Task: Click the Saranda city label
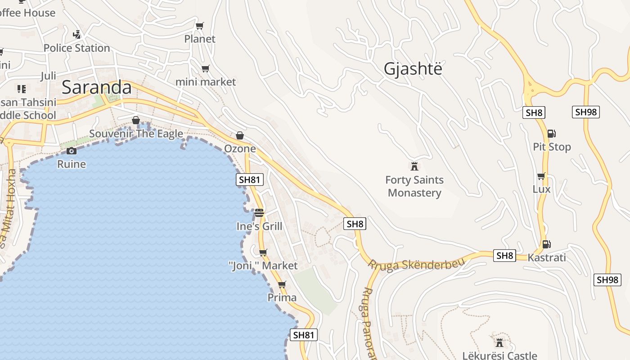(x=96, y=87)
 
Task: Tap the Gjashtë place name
(x=413, y=69)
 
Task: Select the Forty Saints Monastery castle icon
(x=414, y=166)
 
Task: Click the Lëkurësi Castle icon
(x=499, y=342)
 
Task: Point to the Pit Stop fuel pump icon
(x=551, y=133)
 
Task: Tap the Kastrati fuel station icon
(x=546, y=244)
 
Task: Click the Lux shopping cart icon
(x=541, y=176)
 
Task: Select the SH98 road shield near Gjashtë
(x=586, y=112)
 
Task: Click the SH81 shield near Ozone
(x=250, y=180)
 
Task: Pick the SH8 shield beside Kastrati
(x=504, y=256)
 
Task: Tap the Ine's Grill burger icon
(x=259, y=212)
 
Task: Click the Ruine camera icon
(x=71, y=151)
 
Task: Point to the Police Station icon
(x=77, y=34)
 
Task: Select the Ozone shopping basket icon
(x=240, y=135)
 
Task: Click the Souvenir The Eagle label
(x=136, y=134)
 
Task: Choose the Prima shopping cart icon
(x=282, y=284)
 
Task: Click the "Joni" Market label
(x=264, y=265)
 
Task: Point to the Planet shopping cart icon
(x=200, y=26)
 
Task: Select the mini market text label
(x=206, y=82)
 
